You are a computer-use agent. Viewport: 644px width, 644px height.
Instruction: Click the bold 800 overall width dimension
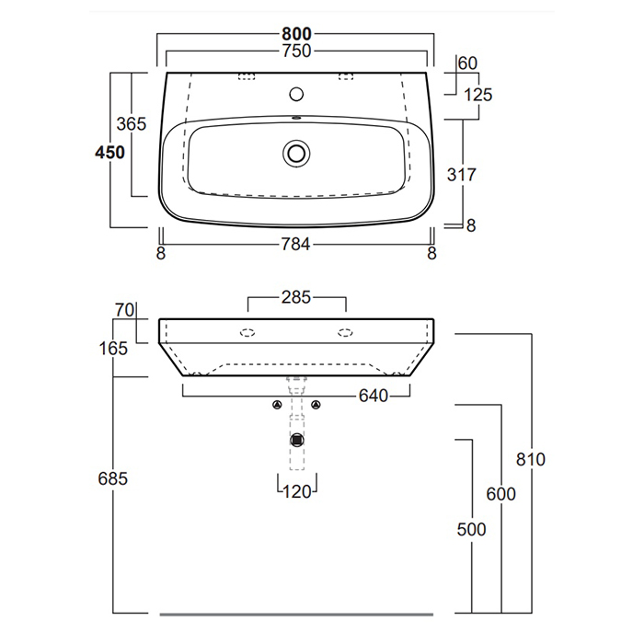coord(296,34)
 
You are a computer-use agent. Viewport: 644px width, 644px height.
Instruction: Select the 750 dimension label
coord(296,51)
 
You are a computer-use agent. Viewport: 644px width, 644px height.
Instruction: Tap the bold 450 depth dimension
coord(109,153)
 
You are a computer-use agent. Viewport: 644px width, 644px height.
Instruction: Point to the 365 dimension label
coord(131,123)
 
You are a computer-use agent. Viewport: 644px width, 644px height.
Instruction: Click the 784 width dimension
coord(295,245)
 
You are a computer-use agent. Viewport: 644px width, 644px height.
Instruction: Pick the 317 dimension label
coord(462,175)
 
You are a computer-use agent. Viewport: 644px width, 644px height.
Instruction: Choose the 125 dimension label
coord(477,95)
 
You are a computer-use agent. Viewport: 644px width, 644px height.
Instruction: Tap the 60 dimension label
coord(467,63)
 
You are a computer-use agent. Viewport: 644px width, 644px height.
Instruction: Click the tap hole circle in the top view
coord(296,95)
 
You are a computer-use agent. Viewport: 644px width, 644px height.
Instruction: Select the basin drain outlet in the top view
coord(296,154)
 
